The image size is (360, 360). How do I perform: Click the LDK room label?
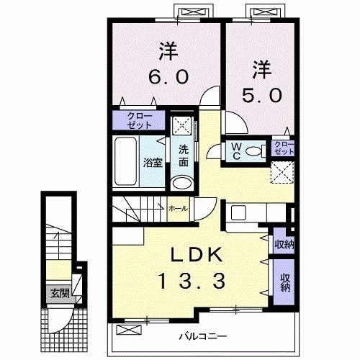(196, 255)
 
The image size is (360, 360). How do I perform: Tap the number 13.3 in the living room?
(192, 281)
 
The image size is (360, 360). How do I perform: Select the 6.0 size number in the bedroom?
(168, 77)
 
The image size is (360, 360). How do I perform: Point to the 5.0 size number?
(261, 95)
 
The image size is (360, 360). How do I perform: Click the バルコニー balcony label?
(203, 336)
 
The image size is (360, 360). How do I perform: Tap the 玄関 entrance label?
(60, 293)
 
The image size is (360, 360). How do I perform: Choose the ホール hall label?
(179, 208)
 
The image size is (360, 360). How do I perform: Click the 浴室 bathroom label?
(153, 163)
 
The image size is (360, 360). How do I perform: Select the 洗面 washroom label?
(184, 156)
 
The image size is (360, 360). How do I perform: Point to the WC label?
(236, 151)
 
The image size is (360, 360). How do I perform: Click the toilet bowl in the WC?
(253, 151)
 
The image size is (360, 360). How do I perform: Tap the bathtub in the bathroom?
(125, 161)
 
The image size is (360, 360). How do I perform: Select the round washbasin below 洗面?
(182, 184)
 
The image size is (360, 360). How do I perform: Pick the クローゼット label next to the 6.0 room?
(140, 120)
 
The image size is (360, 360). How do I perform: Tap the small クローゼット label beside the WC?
(284, 148)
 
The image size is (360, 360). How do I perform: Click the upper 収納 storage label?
(284, 244)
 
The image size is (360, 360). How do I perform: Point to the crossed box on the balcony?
(128, 330)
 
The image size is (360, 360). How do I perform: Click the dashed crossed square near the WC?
(282, 172)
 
